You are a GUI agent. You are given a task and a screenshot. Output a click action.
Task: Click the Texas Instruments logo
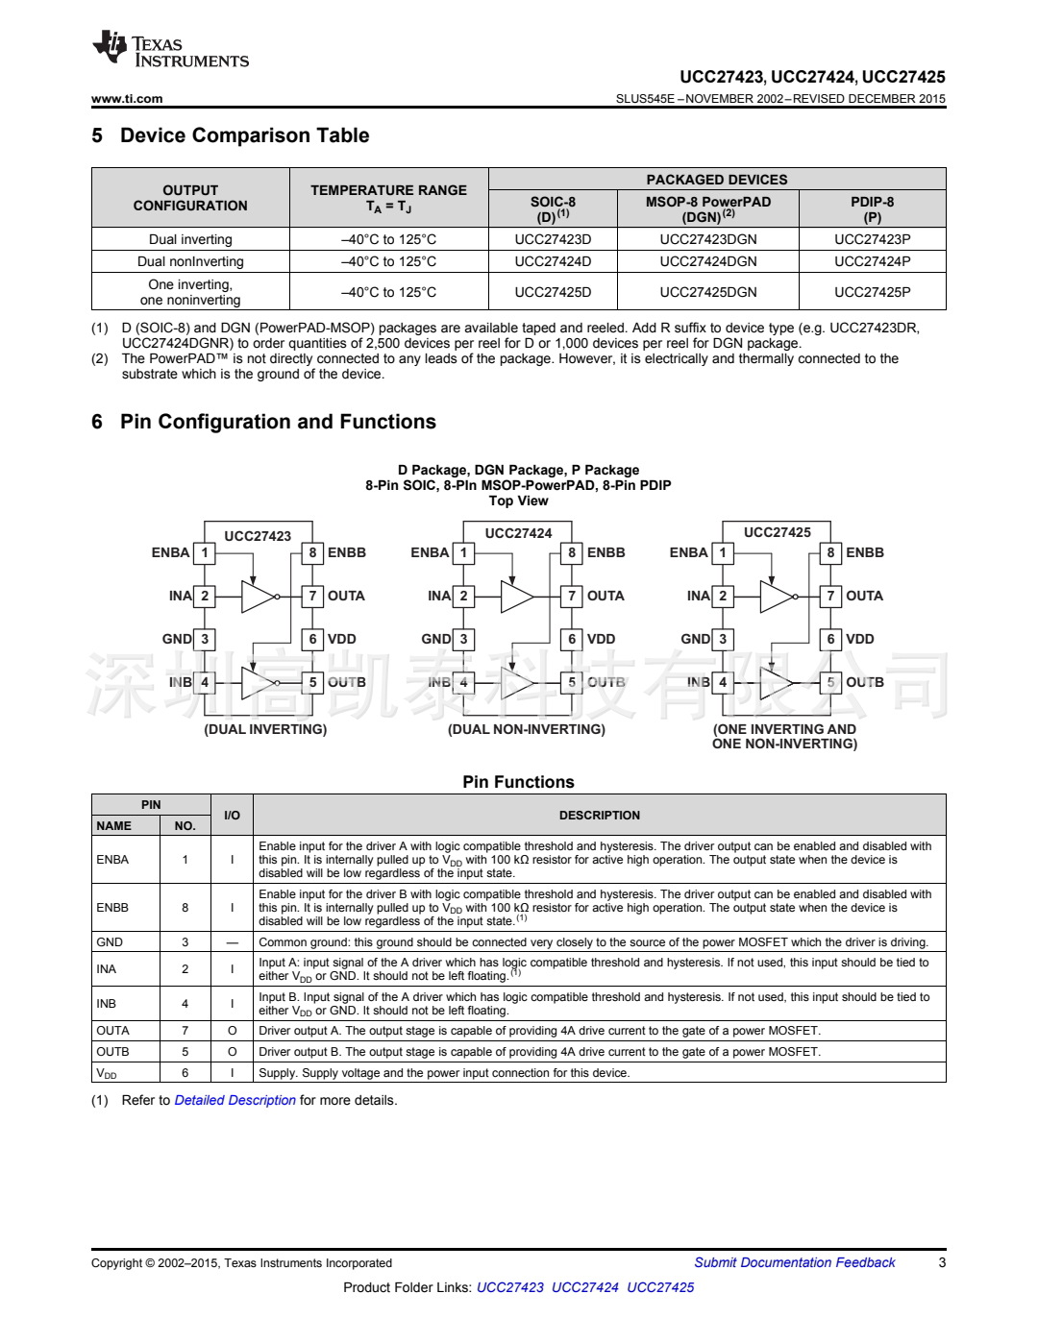[x=170, y=51]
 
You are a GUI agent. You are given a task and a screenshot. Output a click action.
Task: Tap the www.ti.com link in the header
[x=127, y=98]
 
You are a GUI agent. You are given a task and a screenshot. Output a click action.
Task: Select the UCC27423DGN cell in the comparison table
[x=707, y=239]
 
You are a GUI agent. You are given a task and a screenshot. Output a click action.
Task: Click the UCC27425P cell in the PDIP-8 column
[x=872, y=292]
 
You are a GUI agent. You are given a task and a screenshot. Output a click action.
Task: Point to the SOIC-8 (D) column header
[x=553, y=208]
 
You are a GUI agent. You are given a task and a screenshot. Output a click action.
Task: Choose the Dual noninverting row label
[x=190, y=261]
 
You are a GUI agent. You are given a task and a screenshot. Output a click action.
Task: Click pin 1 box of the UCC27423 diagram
[x=205, y=552]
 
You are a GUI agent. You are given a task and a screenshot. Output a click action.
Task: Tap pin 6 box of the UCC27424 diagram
[x=572, y=639]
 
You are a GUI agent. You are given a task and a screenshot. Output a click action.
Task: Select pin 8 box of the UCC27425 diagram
[x=830, y=552]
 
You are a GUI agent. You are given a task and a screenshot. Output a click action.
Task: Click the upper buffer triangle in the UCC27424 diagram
[x=515, y=597]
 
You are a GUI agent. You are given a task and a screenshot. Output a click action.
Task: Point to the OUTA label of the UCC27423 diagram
[x=346, y=596]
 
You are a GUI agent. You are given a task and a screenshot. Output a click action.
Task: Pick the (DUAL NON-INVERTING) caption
[x=527, y=729]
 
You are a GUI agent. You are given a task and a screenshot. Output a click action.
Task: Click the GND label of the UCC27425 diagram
[x=696, y=639]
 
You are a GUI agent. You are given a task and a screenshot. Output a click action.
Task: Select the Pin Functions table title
[x=518, y=782]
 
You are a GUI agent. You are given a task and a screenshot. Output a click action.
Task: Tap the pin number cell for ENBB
[x=185, y=907]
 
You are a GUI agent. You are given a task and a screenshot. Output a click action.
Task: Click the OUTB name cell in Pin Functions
[x=112, y=1051]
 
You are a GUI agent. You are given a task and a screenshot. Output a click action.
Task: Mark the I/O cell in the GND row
[x=232, y=942]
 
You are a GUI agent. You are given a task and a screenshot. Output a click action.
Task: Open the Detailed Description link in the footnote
[x=235, y=1100]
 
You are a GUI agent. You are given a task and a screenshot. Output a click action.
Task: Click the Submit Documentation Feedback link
[x=794, y=1262]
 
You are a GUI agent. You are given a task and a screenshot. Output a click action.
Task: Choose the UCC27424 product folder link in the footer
[x=584, y=1287]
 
